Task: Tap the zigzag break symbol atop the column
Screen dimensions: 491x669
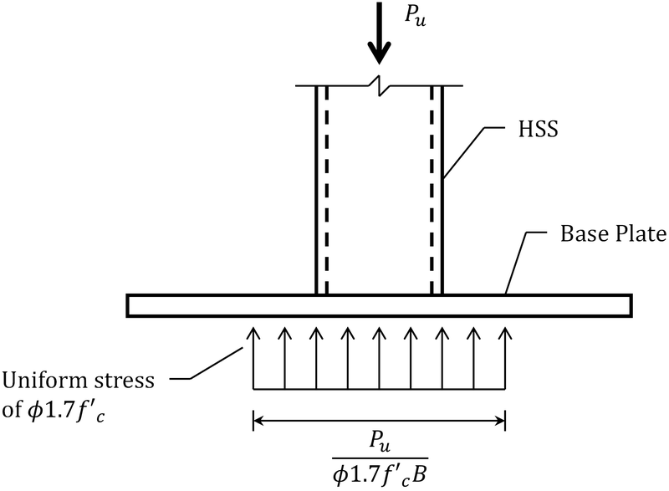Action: [379, 85]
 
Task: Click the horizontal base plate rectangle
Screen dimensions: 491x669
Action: [209, 305]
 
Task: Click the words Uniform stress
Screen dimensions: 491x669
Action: [79, 381]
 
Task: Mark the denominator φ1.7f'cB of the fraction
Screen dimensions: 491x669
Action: [379, 473]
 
